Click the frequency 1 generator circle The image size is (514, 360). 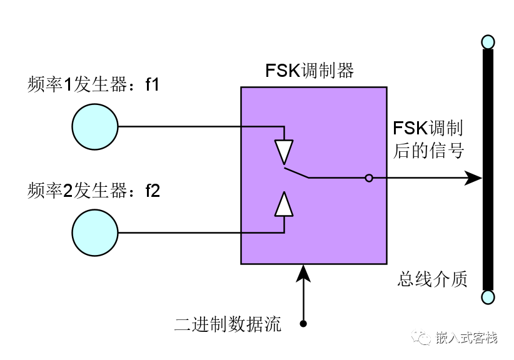coord(94,127)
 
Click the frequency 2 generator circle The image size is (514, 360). coord(94,233)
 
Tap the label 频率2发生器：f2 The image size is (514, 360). coord(94,190)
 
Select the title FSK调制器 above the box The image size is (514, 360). coord(310,70)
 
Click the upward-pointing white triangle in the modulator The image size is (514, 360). coord(284,204)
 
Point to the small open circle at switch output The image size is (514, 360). coord(369,178)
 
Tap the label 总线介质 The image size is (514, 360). coord(432,279)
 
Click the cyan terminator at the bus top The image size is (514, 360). coord(488,42)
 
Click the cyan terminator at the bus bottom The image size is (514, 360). coord(488,296)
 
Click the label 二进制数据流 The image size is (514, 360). coord(228,324)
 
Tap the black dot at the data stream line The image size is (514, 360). coord(303,324)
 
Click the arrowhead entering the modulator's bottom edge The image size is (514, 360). coord(303,271)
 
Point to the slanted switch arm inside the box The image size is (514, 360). coord(296,172)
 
